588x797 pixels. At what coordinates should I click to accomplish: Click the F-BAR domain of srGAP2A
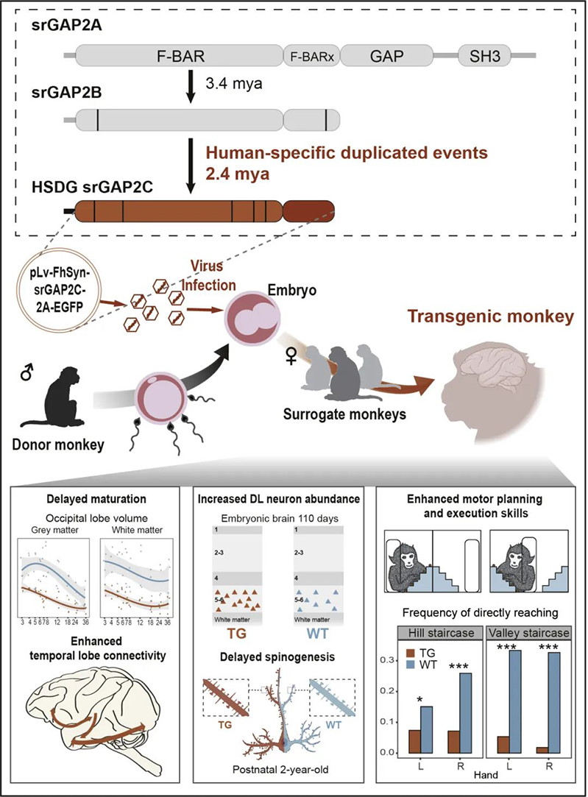click(x=180, y=55)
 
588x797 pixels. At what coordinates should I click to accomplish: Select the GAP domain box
click(x=385, y=55)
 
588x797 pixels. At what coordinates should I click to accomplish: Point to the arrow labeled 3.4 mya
click(x=191, y=87)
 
